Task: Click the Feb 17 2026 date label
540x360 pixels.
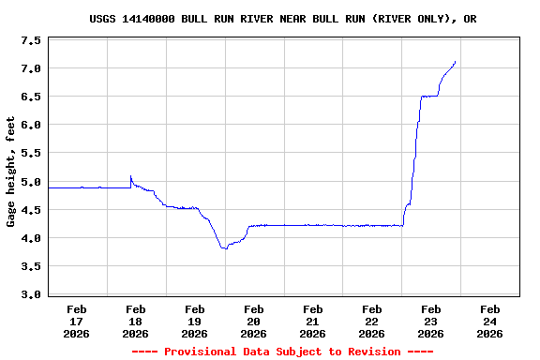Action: (77, 321)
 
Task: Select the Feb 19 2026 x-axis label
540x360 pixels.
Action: (195, 321)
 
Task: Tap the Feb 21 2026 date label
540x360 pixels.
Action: (313, 321)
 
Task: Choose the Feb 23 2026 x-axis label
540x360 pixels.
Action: (431, 321)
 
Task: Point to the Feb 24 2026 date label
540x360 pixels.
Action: (490, 321)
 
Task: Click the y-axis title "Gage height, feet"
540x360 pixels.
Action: (11, 172)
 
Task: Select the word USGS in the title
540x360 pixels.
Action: (103, 19)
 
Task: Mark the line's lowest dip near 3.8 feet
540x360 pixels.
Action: (224, 248)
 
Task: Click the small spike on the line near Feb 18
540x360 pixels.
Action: (130, 176)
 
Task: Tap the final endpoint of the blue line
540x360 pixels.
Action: (456, 62)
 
